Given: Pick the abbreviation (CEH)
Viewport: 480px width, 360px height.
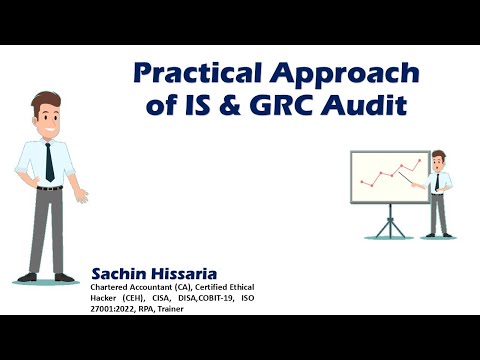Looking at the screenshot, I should tap(135, 298).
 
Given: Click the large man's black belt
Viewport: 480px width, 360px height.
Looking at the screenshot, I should tap(47, 188).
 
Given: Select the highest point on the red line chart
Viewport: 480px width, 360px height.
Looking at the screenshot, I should tap(419, 159).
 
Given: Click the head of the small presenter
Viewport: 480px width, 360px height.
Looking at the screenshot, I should tap(437, 159).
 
